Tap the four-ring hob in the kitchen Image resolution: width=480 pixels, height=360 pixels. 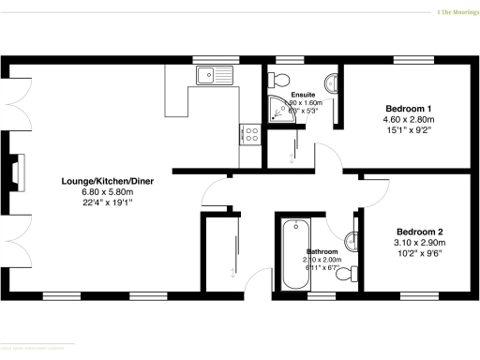tap(250, 134)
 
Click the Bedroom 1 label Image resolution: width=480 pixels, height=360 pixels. tap(408, 109)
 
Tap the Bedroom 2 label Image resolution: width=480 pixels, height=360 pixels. tap(419, 232)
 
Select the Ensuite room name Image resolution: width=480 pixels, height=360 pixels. tap(303, 95)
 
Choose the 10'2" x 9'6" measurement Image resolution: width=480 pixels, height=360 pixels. tap(418, 253)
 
